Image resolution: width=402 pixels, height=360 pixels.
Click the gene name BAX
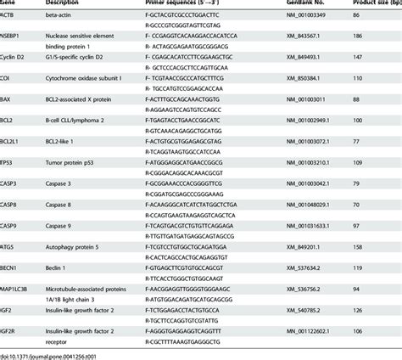pos(8,99)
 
